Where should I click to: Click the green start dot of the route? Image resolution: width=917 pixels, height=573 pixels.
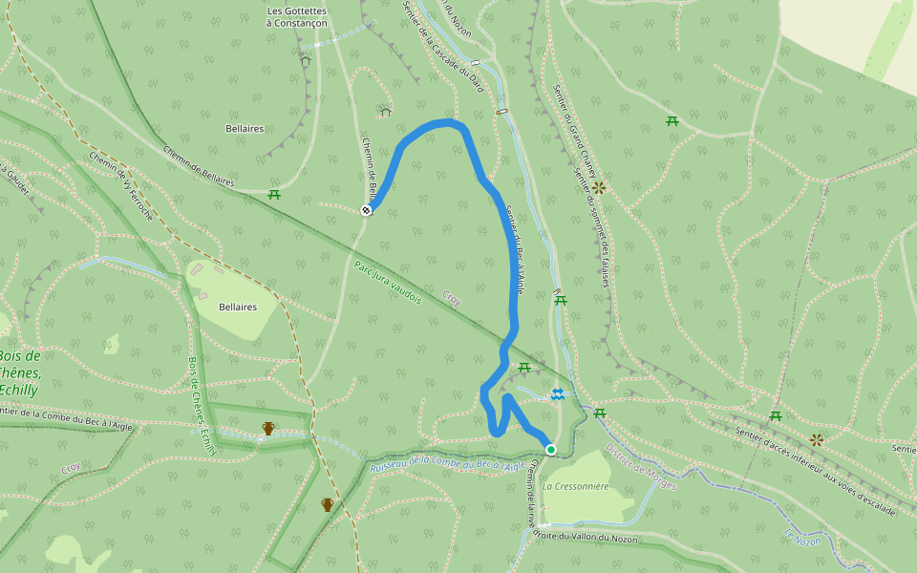[550, 449]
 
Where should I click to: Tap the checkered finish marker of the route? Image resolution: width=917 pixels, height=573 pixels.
[366, 210]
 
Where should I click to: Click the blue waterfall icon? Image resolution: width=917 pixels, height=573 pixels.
[557, 393]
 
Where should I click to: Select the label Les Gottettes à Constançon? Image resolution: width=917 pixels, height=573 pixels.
[297, 17]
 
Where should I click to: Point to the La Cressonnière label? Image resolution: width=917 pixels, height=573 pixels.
[575, 486]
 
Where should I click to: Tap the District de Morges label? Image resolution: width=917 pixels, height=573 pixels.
[641, 467]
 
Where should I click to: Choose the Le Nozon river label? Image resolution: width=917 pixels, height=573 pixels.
[801, 540]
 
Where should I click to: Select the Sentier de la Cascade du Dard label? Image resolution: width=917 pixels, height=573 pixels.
[443, 48]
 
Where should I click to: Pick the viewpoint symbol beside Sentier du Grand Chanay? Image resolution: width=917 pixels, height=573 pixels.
[599, 187]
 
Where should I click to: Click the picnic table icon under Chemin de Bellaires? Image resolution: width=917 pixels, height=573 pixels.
[274, 195]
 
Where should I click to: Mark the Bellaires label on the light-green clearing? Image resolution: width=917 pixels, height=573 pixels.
[237, 308]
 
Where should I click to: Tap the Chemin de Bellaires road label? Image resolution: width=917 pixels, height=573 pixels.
[199, 164]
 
